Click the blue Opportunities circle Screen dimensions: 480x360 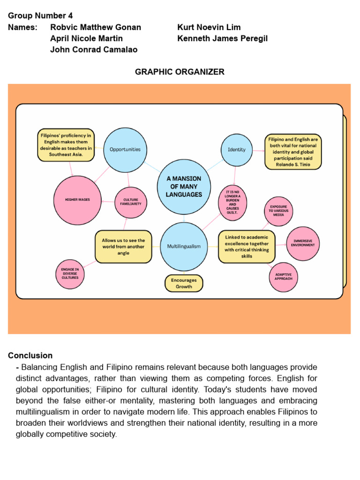(125, 150)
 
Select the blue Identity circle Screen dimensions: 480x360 (237, 150)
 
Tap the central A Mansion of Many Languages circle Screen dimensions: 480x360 (184, 187)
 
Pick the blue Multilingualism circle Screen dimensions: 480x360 (184, 247)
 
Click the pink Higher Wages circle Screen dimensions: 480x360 (77, 200)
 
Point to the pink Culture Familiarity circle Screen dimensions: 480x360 (131, 202)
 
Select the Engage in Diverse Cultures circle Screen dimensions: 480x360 (70, 274)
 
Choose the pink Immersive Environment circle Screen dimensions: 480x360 (303, 244)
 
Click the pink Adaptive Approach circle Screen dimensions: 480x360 (284, 276)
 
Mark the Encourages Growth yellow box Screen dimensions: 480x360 (184, 283)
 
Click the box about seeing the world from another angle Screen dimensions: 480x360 (123, 247)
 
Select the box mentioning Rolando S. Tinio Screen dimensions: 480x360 (293, 152)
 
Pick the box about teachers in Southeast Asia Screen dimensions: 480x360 (66, 145)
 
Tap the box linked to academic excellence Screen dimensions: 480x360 (247, 247)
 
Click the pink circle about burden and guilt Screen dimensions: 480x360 (232, 202)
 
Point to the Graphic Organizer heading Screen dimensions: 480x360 (180, 72)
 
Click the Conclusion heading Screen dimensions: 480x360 (30, 355)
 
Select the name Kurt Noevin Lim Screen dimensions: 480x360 (209, 27)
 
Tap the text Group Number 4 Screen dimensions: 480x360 (40, 16)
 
